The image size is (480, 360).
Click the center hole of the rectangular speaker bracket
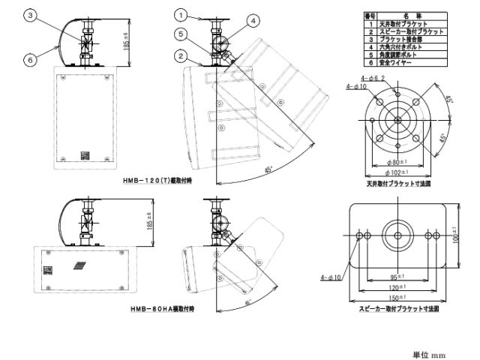click(x=394, y=232)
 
